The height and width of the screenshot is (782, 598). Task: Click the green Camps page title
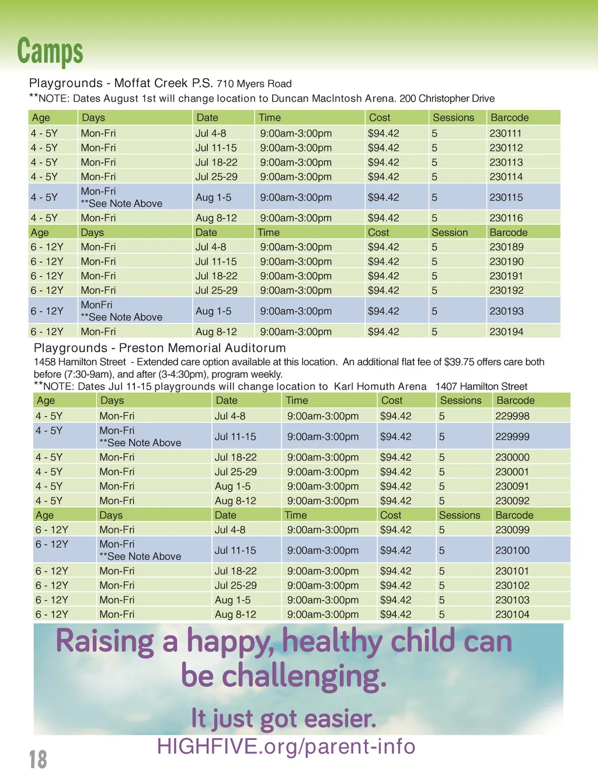point(50,51)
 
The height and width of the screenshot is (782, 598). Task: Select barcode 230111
point(505,133)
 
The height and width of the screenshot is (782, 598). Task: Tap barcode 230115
point(506,197)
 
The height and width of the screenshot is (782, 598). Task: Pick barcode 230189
point(506,247)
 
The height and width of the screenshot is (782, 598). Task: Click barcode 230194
point(506,332)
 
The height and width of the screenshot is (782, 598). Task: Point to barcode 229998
point(512,416)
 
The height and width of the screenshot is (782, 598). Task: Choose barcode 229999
point(512,436)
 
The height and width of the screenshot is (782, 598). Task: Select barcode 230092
point(512,501)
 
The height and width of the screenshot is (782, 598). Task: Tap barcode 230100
point(512,550)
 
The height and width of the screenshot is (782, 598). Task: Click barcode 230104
point(512,614)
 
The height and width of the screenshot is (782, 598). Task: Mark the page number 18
point(38,759)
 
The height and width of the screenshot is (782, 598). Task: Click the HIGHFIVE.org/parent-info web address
point(286,746)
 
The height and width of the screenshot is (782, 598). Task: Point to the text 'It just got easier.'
point(284,718)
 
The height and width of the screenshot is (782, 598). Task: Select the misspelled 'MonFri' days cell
point(96,305)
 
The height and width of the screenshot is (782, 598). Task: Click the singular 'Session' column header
point(450,232)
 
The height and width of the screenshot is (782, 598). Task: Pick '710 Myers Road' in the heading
point(254,84)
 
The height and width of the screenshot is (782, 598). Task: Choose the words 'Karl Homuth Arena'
point(380,387)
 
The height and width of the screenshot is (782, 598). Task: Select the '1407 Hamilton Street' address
point(481,387)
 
